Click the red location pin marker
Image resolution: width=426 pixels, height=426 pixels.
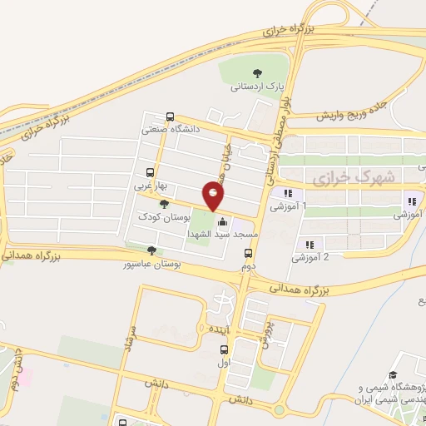pos(214,196)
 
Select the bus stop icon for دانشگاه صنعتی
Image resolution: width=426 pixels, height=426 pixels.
pos(171,116)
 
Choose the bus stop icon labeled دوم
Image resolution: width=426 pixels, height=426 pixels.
pos(247,254)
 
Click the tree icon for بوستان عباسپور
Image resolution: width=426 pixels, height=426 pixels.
pos(151,250)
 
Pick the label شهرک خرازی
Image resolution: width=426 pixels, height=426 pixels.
pos(342,179)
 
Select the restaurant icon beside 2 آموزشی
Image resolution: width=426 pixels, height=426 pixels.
pos(309,245)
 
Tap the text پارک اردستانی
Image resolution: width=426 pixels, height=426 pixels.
pos(258,86)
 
